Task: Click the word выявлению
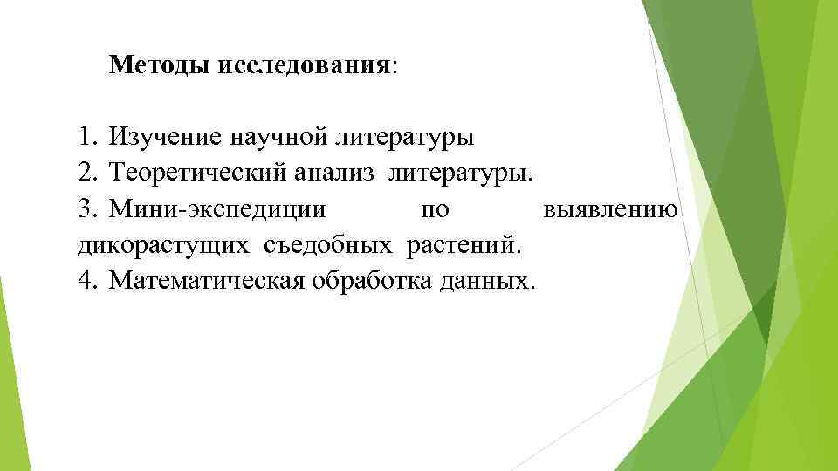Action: [609, 210]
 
